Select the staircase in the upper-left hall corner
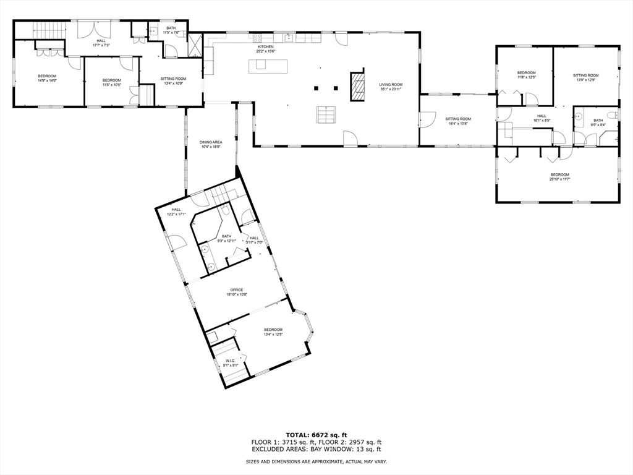pyautogui.click(x=48, y=30)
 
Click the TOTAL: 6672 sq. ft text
pyautogui.click(x=316, y=434)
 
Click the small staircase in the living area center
pyautogui.click(x=326, y=114)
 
